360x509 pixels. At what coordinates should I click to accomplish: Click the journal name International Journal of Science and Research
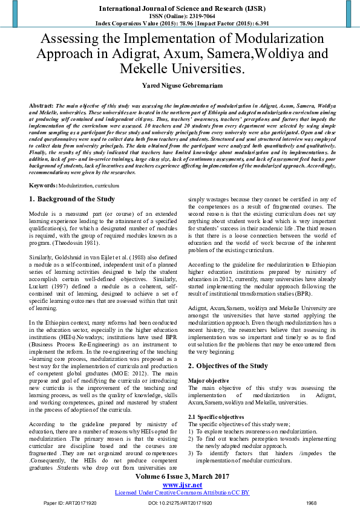(180, 8)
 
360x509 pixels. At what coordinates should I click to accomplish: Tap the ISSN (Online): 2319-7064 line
(180, 16)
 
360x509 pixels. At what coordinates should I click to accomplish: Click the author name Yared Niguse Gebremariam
(180, 86)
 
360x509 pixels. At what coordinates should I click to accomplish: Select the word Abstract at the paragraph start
(41, 105)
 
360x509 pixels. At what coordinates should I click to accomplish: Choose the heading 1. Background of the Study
(72, 199)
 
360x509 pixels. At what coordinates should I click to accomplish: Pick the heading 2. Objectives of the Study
(227, 366)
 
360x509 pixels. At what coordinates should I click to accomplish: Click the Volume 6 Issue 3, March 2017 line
(180, 477)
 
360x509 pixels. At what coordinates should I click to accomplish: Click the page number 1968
(311, 503)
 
